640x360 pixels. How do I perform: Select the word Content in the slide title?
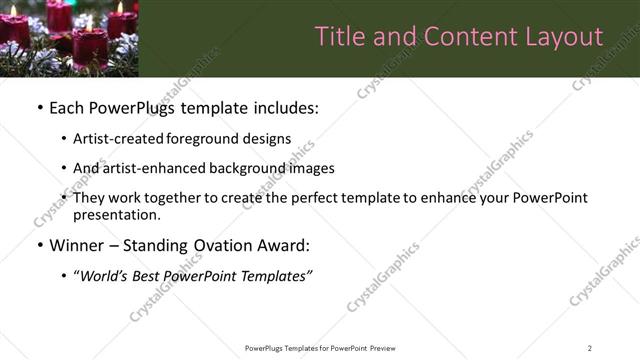[x=466, y=37]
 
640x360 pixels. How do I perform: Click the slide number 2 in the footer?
[x=589, y=348]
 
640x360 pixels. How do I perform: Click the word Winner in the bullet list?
[x=78, y=245]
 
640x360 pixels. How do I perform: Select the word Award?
[x=282, y=245]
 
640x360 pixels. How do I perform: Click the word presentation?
[x=116, y=214]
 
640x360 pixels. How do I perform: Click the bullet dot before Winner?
[x=39, y=245]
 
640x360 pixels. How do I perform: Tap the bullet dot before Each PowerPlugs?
[x=39, y=107]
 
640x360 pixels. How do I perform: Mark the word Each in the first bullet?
[x=65, y=107]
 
